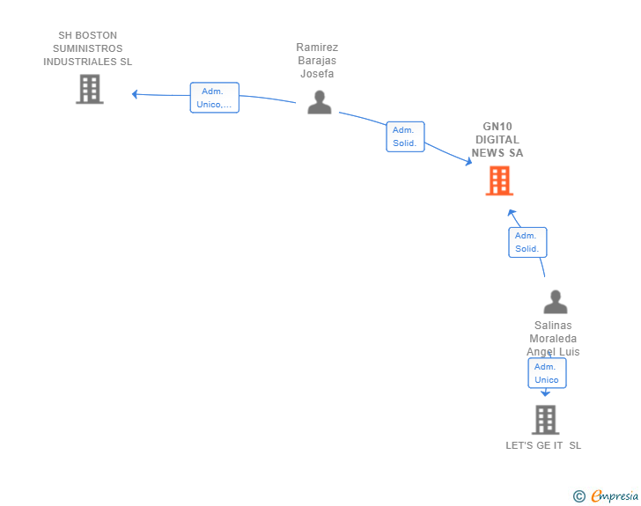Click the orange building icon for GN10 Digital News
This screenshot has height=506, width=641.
[x=499, y=180]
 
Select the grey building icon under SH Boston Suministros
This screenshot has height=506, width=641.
[x=90, y=89]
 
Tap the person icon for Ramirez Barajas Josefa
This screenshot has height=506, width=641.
[x=320, y=102]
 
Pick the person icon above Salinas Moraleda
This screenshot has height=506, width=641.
[x=556, y=302]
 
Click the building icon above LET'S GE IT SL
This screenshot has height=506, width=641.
[x=545, y=420]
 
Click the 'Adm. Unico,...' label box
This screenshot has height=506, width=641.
[x=215, y=98]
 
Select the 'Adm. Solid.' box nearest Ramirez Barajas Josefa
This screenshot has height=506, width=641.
[x=405, y=136]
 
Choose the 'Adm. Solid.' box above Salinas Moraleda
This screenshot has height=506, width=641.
[x=527, y=242]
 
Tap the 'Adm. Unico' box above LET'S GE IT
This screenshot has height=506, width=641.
[x=547, y=373]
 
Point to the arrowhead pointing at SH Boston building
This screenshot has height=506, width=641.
[x=135, y=94]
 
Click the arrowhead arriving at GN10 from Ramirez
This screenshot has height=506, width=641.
[x=468, y=161]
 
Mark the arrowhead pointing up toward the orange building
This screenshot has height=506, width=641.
[x=512, y=213]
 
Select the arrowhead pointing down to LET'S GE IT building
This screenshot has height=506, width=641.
[x=545, y=393]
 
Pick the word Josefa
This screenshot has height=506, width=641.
[x=317, y=74]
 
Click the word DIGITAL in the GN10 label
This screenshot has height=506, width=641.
[x=497, y=140]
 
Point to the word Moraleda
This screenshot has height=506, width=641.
[x=553, y=339]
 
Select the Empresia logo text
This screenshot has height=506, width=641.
[x=615, y=495]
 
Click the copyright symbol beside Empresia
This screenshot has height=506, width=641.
[x=579, y=496]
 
